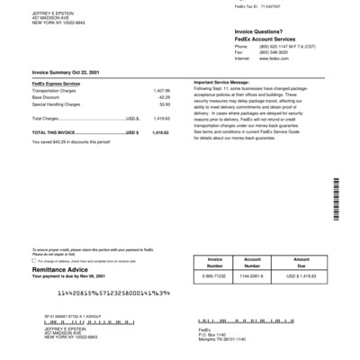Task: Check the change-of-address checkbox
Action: click(x=35, y=259)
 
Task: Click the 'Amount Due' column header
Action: click(x=301, y=262)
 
